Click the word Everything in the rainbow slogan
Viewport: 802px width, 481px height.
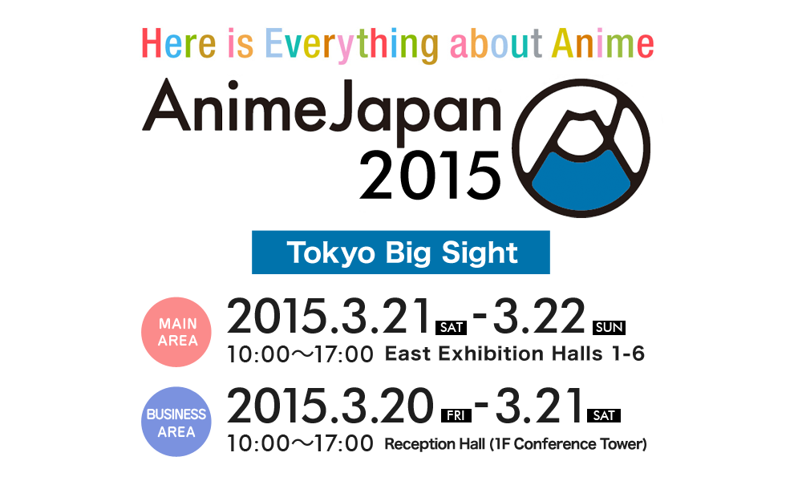(352, 46)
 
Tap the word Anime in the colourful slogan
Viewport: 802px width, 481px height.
(602, 43)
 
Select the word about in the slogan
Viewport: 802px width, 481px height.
(496, 43)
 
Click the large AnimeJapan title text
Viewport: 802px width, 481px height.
(322, 111)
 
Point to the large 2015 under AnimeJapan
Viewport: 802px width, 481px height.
(430, 176)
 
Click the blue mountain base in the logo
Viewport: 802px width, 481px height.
(581, 180)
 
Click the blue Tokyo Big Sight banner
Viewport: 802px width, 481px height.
(400, 253)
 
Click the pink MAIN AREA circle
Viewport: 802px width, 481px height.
(176, 332)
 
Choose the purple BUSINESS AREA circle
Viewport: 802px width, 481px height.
(176, 422)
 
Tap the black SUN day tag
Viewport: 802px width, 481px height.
(609, 327)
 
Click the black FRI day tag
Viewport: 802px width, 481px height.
(456, 415)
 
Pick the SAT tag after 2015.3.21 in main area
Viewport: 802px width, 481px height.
(451, 327)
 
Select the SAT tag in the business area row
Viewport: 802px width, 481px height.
(604, 415)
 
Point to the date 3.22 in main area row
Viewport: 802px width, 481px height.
(539, 315)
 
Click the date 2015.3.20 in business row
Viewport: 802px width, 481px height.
(330, 405)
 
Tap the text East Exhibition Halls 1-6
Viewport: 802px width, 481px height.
(515, 354)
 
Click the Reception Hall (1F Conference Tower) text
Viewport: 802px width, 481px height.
(516, 444)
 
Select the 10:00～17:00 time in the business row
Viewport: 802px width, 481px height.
(300, 443)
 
